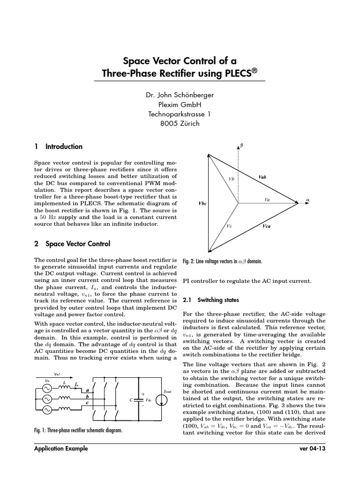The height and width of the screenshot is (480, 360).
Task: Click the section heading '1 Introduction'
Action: [59, 146]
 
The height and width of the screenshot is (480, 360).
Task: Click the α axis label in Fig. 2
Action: [308, 200]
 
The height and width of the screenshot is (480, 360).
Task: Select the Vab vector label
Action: [262, 178]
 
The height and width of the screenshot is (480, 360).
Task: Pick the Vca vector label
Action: [267, 226]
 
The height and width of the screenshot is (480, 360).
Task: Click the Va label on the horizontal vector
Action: [267, 199]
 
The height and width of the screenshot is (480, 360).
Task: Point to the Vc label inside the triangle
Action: [229, 226]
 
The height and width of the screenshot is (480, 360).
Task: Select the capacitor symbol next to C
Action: [137, 399]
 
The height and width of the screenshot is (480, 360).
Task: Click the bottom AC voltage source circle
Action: [46, 411]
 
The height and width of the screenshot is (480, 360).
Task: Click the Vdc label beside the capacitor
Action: [148, 400]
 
